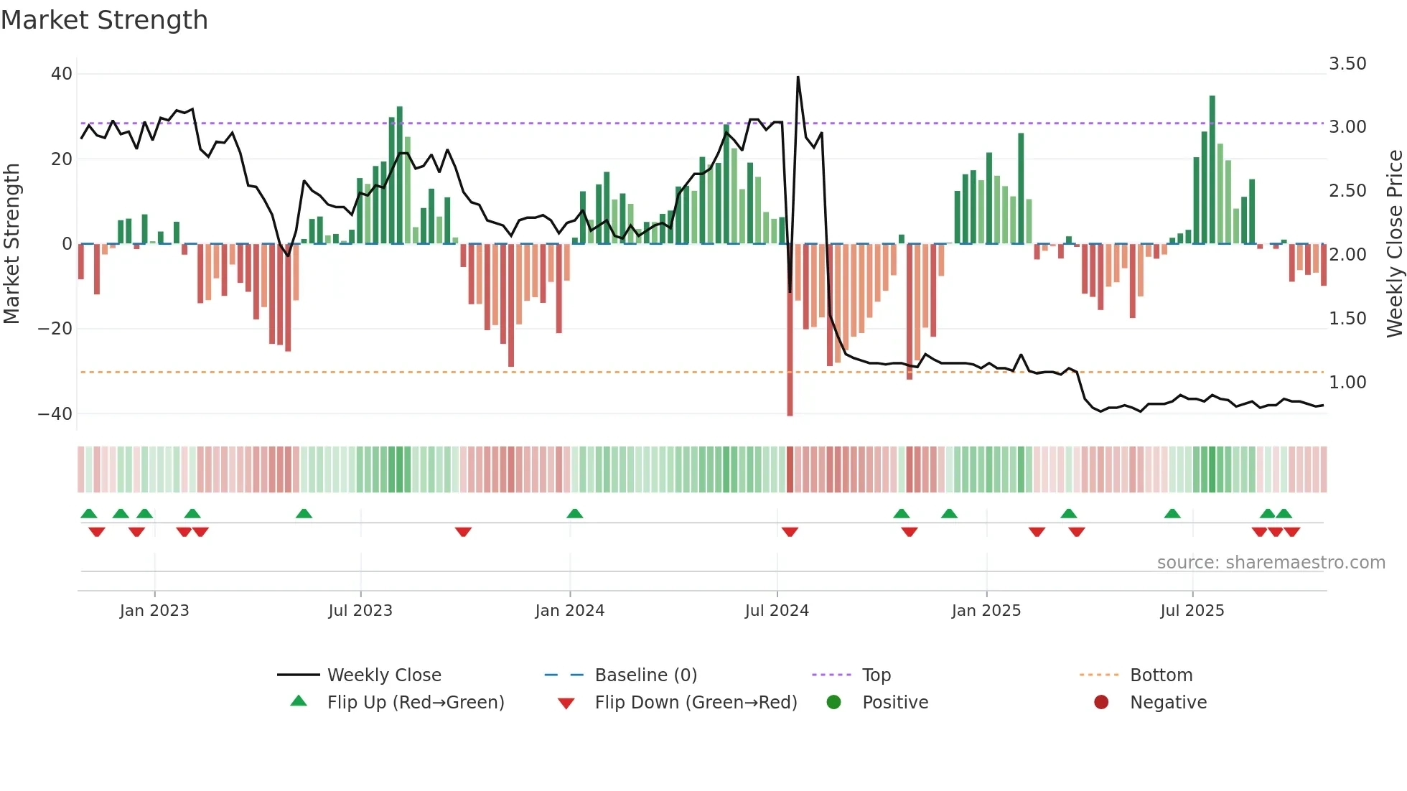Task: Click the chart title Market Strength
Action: pyautogui.click(x=104, y=20)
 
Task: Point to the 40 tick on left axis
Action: pyautogui.click(x=62, y=74)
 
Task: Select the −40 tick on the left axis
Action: pyautogui.click(x=55, y=414)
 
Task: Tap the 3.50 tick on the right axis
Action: pyautogui.click(x=1347, y=64)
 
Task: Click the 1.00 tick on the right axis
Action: pyautogui.click(x=1347, y=383)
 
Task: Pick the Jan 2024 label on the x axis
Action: pyautogui.click(x=569, y=611)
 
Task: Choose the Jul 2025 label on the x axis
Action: pyautogui.click(x=1192, y=611)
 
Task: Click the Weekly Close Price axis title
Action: pyautogui.click(x=1394, y=244)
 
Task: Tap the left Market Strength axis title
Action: pyautogui.click(x=12, y=244)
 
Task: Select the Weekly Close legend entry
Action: pyautogui.click(x=384, y=675)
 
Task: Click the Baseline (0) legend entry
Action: pyautogui.click(x=645, y=675)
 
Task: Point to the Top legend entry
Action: pyautogui.click(x=876, y=675)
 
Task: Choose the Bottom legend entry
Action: pyautogui.click(x=1161, y=675)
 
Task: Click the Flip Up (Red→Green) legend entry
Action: pyautogui.click(x=415, y=703)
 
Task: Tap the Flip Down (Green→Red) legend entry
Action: pyautogui.click(x=696, y=703)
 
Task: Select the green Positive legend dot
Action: pyautogui.click(x=833, y=703)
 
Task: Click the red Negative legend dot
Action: pyautogui.click(x=1101, y=703)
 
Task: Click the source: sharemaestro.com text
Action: pyautogui.click(x=1271, y=563)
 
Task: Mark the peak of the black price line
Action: pyautogui.click(x=798, y=78)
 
